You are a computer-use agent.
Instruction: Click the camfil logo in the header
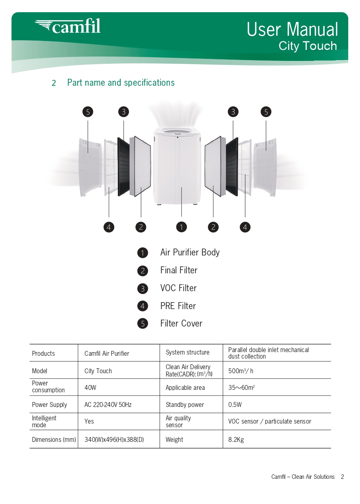tap(68, 26)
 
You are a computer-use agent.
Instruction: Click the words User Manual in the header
tap(292, 30)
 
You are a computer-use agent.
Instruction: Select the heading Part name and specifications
tap(121, 83)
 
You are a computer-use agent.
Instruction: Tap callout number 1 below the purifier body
tap(181, 227)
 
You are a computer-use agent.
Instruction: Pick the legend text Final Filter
tap(179, 270)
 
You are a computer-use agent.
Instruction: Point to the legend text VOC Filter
tap(178, 288)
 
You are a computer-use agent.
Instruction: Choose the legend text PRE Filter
tap(178, 306)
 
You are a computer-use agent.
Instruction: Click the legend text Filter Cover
tap(181, 324)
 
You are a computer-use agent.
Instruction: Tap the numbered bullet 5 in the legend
tap(143, 324)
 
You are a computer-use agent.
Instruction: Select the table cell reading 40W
tap(90, 387)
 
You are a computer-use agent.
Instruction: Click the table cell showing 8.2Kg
tap(236, 439)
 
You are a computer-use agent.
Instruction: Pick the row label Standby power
tap(185, 404)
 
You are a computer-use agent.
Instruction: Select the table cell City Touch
tap(98, 371)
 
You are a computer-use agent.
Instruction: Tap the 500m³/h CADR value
tap(241, 371)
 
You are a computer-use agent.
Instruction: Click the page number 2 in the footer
tap(343, 477)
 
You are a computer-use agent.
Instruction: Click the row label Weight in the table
tap(174, 439)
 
